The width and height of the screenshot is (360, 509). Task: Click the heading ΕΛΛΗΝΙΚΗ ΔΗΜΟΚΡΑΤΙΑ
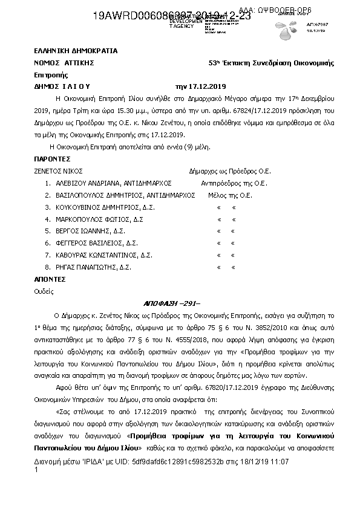coord(76,51)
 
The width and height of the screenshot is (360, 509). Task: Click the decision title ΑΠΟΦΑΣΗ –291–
coord(179,303)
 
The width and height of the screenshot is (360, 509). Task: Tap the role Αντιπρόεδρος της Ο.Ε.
coord(234,183)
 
